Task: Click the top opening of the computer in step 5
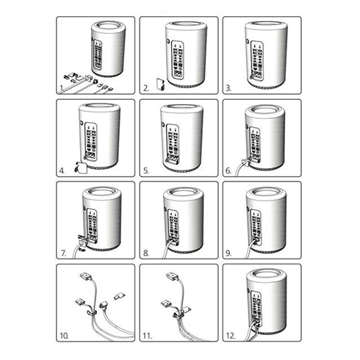point(179,109)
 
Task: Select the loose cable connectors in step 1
point(87,79)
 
